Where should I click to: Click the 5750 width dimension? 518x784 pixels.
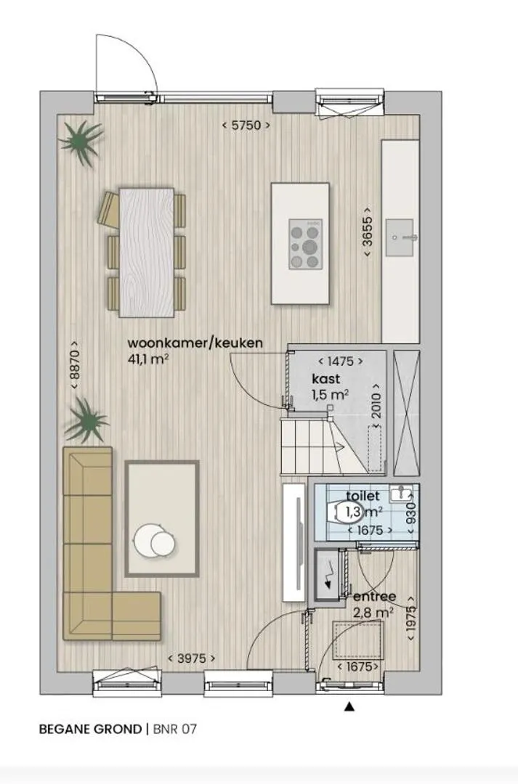(246, 125)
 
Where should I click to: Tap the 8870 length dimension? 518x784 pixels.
(74, 365)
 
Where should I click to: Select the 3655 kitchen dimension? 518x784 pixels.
(368, 232)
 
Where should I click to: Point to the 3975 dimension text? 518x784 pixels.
(192, 658)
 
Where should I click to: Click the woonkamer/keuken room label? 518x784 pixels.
(195, 343)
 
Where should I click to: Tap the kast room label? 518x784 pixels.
(326, 378)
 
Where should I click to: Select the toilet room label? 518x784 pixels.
(363, 496)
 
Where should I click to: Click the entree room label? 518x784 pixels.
(375, 597)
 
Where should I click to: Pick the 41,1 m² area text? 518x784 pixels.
(148, 359)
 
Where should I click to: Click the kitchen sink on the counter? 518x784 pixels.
(400, 237)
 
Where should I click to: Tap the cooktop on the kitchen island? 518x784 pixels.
(305, 244)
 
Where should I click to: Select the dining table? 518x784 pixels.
(147, 253)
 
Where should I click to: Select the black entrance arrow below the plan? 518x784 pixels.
(350, 706)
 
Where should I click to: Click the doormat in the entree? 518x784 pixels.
(358, 639)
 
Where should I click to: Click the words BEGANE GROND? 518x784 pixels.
(91, 729)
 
